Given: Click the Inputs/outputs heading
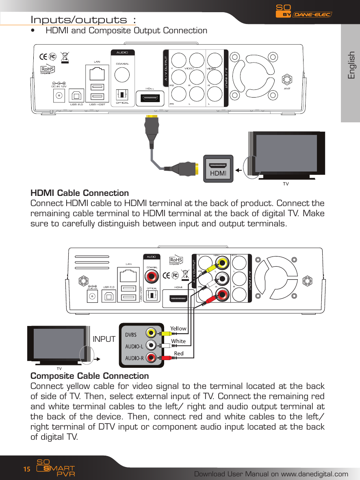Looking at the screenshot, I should coord(83,20).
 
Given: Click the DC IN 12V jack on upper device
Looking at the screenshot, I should coord(60,96).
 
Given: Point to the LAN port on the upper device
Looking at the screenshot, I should coord(97,74).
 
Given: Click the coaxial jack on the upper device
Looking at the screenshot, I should coord(122,74).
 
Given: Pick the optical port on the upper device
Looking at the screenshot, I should coord(122,95).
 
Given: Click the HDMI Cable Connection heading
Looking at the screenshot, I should coord(80,193).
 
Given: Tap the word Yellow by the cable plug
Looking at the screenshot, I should coord(178,328).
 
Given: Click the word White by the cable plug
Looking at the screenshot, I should coord(178,341).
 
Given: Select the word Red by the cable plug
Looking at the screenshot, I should coord(178,354).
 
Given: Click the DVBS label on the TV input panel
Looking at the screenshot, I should coord(130,334).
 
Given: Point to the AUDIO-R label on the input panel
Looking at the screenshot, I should coord(134,358).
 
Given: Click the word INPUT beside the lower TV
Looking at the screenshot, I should coord(104,339).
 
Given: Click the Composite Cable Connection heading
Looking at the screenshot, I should coord(90,376).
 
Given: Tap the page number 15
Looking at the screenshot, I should coord(26,469).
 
